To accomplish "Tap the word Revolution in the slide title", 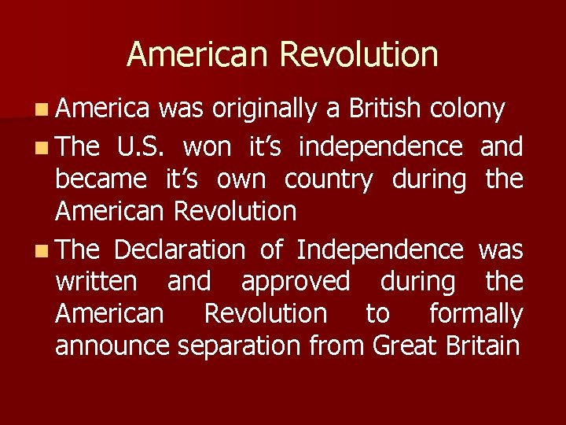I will [358, 54].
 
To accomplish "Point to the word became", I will [100, 179].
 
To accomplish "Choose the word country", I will [329, 180].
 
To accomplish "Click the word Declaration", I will [179, 250].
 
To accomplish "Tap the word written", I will [95, 281].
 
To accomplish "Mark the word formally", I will [476, 314].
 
